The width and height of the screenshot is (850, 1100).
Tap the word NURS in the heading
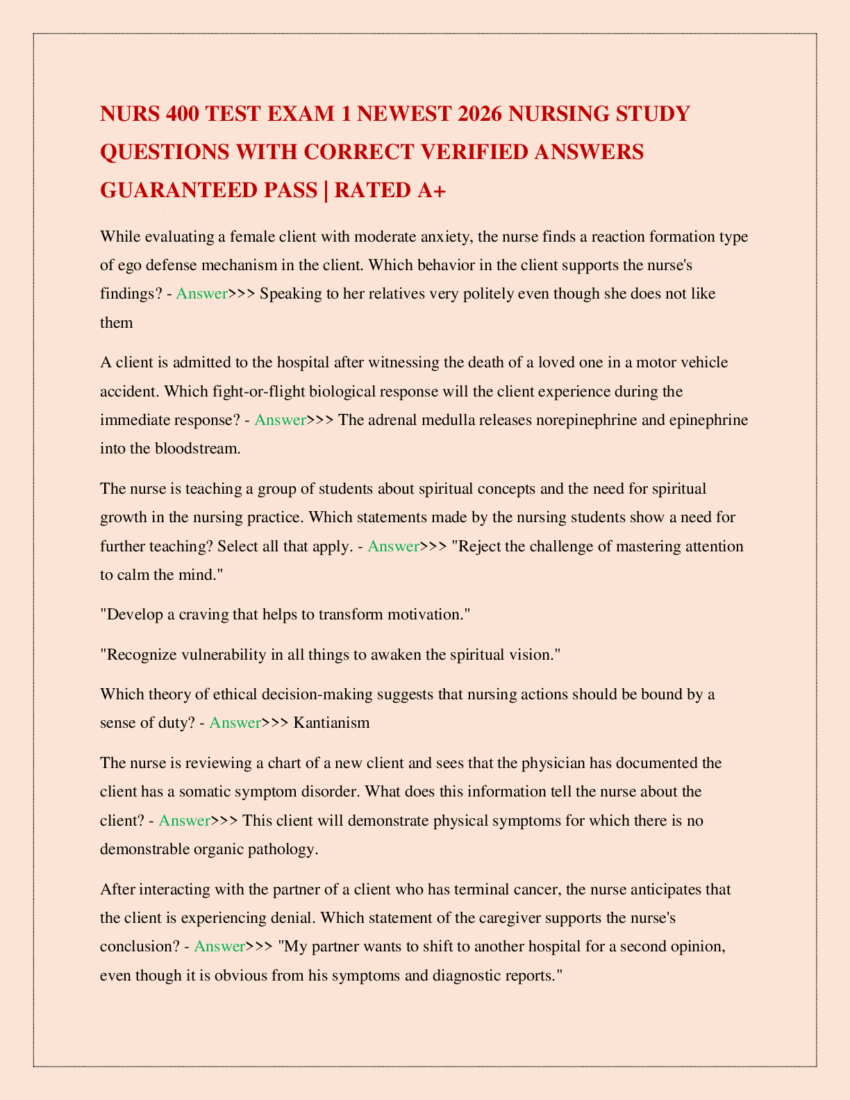130,113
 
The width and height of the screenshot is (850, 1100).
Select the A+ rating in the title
424,190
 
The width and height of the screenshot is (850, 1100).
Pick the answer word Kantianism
331,722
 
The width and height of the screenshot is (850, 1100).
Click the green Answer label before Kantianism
235,722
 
